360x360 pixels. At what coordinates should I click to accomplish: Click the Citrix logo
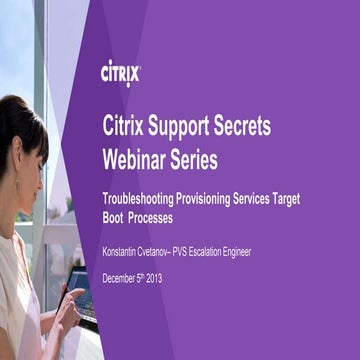click(x=121, y=74)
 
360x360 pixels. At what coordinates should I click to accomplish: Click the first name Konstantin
click(x=124, y=252)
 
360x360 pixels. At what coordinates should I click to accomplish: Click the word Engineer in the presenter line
click(x=267, y=252)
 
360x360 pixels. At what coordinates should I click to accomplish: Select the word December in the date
click(x=122, y=278)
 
